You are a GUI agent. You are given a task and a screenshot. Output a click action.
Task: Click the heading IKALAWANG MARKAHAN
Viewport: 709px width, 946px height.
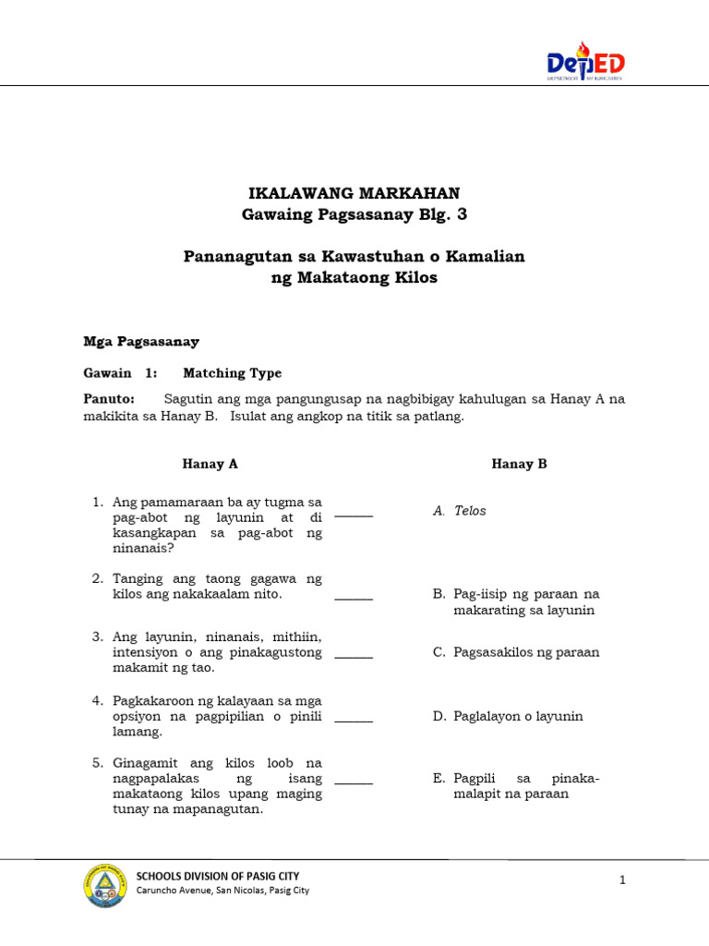(354, 193)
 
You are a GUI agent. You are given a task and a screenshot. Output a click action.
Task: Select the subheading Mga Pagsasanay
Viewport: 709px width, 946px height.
(141, 341)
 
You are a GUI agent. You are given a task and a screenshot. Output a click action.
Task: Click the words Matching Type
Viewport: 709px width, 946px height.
(233, 373)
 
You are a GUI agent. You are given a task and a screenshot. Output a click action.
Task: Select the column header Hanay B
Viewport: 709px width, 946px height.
(519, 464)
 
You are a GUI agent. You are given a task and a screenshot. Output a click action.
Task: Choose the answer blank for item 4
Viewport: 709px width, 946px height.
(354, 719)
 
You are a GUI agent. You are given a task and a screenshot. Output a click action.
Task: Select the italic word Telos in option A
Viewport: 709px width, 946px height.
(470, 511)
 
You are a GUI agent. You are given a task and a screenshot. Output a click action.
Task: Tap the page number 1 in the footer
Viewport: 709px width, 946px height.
(623, 880)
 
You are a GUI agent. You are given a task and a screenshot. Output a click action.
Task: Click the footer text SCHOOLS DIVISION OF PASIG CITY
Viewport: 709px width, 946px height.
(218, 876)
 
